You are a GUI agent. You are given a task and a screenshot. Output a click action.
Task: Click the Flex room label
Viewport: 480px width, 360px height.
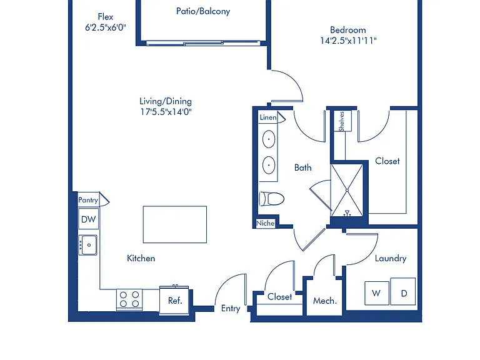[x=105, y=16]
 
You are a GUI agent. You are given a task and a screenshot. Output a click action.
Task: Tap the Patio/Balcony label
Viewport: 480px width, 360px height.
[x=203, y=11]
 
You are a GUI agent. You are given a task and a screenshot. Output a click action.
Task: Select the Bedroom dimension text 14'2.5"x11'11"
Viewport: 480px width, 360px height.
[x=348, y=41]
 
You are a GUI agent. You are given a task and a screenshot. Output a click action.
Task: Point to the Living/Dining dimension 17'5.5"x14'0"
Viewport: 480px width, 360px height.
[x=166, y=112]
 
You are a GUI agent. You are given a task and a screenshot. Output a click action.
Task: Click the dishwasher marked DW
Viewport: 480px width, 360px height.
[x=89, y=219]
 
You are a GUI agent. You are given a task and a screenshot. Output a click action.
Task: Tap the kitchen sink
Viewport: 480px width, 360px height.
[x=88, y=245]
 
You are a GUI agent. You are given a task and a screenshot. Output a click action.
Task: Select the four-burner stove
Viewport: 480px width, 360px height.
[x=129, y=300]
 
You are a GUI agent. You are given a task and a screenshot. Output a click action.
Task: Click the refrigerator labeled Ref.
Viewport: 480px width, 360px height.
[x=174, y=300]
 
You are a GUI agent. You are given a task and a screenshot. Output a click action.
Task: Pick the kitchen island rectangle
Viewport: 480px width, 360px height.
[x=175, y=224]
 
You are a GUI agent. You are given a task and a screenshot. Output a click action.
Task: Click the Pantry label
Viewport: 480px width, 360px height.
[x=88, y=200]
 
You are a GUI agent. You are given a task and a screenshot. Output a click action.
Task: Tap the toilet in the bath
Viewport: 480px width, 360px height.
[x=271, y=199]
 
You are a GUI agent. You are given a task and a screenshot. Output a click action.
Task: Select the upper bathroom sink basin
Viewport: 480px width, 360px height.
[x=269, y=139]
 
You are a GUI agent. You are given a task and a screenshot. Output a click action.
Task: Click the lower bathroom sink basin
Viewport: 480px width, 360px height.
[x=269, y=165]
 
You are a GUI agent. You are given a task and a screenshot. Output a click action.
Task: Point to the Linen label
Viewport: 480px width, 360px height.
[x=268, y=117]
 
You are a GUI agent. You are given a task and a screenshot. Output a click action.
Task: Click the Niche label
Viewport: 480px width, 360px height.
[x=266, y=223]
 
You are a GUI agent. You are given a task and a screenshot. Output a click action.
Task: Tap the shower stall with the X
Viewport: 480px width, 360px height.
[x=347, y=190]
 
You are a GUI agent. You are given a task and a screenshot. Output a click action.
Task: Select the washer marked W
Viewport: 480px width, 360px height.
[x=376, y=293]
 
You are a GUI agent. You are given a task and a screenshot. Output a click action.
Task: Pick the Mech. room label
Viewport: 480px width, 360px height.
[x=325, y=301]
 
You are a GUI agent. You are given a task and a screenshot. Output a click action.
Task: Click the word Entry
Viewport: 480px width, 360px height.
[x=231, y=309]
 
